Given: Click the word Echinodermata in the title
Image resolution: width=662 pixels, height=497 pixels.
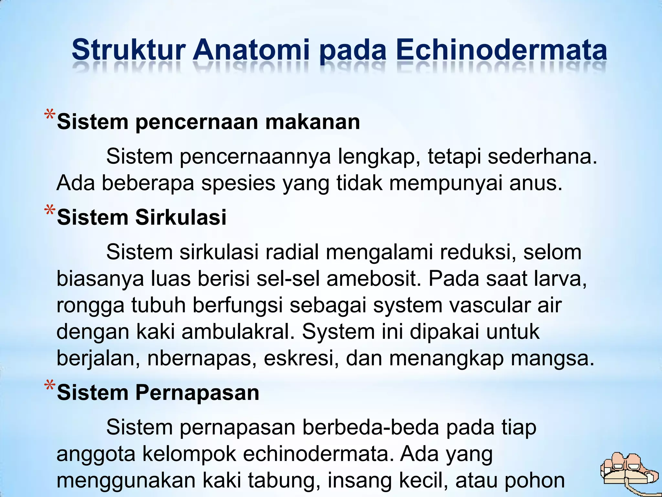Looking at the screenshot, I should [501, 50].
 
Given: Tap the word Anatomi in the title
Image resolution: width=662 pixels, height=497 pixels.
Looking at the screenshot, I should [251, 50].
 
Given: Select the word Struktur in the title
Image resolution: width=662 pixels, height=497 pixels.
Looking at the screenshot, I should [128, 50].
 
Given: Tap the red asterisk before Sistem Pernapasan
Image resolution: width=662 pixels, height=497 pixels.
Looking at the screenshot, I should [50, 387].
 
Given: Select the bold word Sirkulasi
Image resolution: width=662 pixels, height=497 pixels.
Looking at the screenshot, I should [181, 217].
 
